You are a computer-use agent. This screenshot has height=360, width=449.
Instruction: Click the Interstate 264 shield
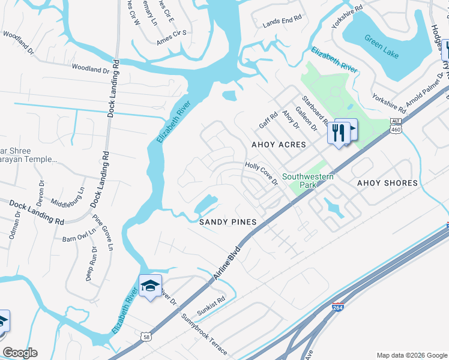click(x=339, y=307)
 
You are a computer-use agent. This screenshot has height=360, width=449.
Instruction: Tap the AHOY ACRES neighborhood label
click(x=279, y=145)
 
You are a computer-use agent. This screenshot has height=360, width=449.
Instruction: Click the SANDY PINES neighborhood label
click(x=228, y=222)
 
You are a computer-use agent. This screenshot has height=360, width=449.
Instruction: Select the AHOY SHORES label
click(x=387, y=183)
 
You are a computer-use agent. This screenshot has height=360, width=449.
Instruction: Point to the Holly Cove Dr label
click(x=261, y=173)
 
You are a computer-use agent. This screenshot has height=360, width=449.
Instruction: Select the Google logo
click(x=20, y=353)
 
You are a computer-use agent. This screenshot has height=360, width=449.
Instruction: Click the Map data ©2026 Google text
click(x=411, y=355)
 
